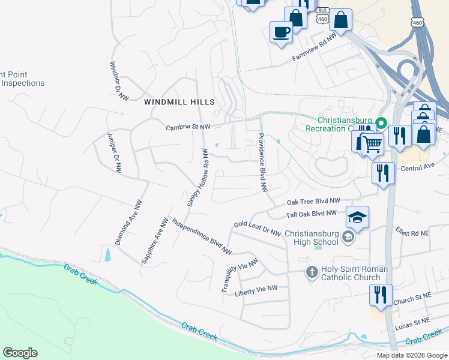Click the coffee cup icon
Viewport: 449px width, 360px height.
coord(280,31)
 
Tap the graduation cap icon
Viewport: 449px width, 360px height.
coord(357,217)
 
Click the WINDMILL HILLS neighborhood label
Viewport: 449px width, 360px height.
coord(179,103)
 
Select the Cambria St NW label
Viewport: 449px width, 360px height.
coord(188,127)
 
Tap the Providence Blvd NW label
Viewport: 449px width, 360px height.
coord(262,163)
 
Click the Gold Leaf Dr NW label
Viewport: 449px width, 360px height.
coord(258,228)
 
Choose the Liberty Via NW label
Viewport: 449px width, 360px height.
coord(256,290)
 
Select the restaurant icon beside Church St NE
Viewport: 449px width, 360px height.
coord(381,295)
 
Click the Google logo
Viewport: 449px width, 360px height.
coord(20,353)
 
